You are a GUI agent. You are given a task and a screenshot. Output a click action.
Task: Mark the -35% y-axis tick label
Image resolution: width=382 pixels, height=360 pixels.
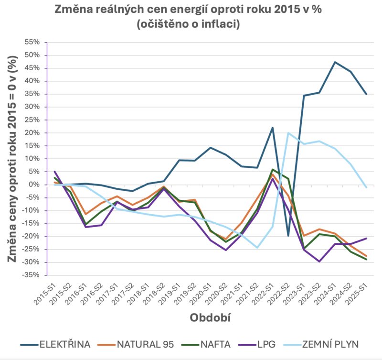point(32,275)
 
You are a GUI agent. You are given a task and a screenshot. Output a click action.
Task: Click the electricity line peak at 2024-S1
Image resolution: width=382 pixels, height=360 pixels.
point(335,62)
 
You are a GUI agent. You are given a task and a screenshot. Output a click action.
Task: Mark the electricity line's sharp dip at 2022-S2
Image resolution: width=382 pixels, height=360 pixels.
point(288,236)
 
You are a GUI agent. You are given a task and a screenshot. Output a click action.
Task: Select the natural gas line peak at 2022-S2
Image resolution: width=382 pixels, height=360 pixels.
point(288,133)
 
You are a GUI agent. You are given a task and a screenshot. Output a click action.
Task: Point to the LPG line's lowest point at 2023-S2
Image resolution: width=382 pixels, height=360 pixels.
point(319,262)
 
